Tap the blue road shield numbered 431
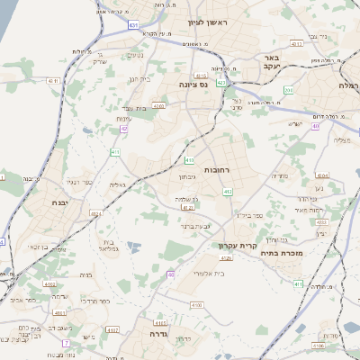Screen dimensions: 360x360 [x=133, y=25]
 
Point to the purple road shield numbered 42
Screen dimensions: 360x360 [x=123, y=129]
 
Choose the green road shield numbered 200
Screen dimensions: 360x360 [x=288, y=90]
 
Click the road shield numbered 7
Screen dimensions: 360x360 [x=66, y=343]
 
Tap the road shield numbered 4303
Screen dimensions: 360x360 [x=158, y=106]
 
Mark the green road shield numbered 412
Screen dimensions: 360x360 [x=228, y=192]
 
